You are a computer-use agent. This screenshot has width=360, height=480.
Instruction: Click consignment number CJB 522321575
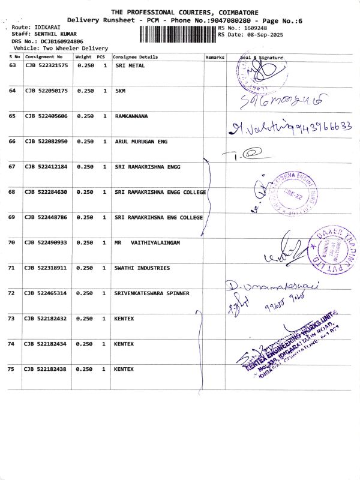46,65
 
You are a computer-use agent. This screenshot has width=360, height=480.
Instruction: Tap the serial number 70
12,242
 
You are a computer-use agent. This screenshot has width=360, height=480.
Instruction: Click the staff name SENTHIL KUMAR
50,35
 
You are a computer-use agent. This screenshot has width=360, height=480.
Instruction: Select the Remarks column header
215,57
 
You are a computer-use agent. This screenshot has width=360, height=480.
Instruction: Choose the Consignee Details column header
136,57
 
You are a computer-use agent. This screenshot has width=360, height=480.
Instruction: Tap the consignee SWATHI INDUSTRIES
142,268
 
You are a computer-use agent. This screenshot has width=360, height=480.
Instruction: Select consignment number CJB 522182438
46,369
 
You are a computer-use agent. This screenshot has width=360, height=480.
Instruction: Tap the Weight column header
83,57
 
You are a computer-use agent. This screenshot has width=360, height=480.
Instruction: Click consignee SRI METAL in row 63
129,65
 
